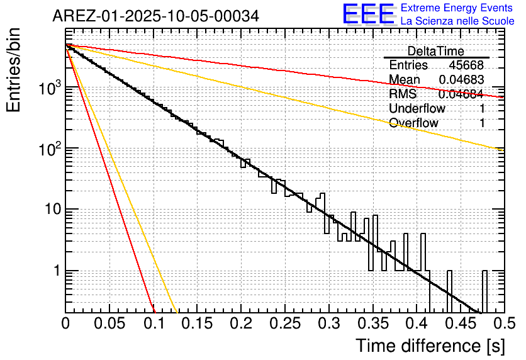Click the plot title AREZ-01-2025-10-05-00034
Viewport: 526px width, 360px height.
pos(155,16)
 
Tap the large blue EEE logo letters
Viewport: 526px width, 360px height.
pos(369,15)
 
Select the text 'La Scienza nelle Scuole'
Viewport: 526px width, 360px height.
pos(457,21)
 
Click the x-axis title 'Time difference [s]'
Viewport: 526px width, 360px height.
pos(430,346)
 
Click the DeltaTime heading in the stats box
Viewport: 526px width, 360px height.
pos(435,51)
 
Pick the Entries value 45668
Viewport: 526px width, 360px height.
pos(466,65)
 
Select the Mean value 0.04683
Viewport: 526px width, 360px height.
pos(461,80)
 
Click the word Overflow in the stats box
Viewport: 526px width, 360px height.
pos(413,123)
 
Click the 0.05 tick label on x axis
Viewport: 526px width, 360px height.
pos(109,324)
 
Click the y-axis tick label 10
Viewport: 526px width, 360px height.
pos(49,210)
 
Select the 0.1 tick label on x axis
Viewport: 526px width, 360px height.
pos(153,324)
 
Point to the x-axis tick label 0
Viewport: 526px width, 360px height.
pos(66,324)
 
